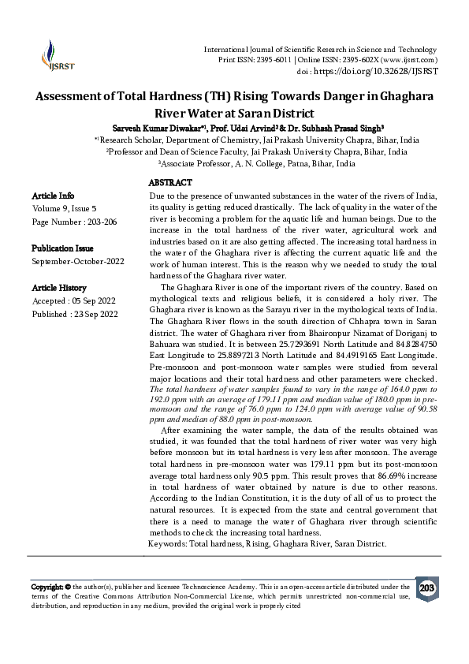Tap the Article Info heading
pyautogui.click(x=54, y=196)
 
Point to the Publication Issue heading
pyautogui.click(x=63, y=248)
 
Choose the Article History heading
pyautogui.click(x=59, y=288)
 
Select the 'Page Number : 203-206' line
pyautogui.click(x=74, y=222)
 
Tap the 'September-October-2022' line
pyautogui.click(x=78, y=261)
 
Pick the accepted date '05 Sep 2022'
pyautogui.click(x=92, y=301)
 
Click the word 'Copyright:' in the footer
pyautogui.click(x=48, y=588)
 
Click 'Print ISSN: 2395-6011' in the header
pyautogui.click(x=259, y=60)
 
